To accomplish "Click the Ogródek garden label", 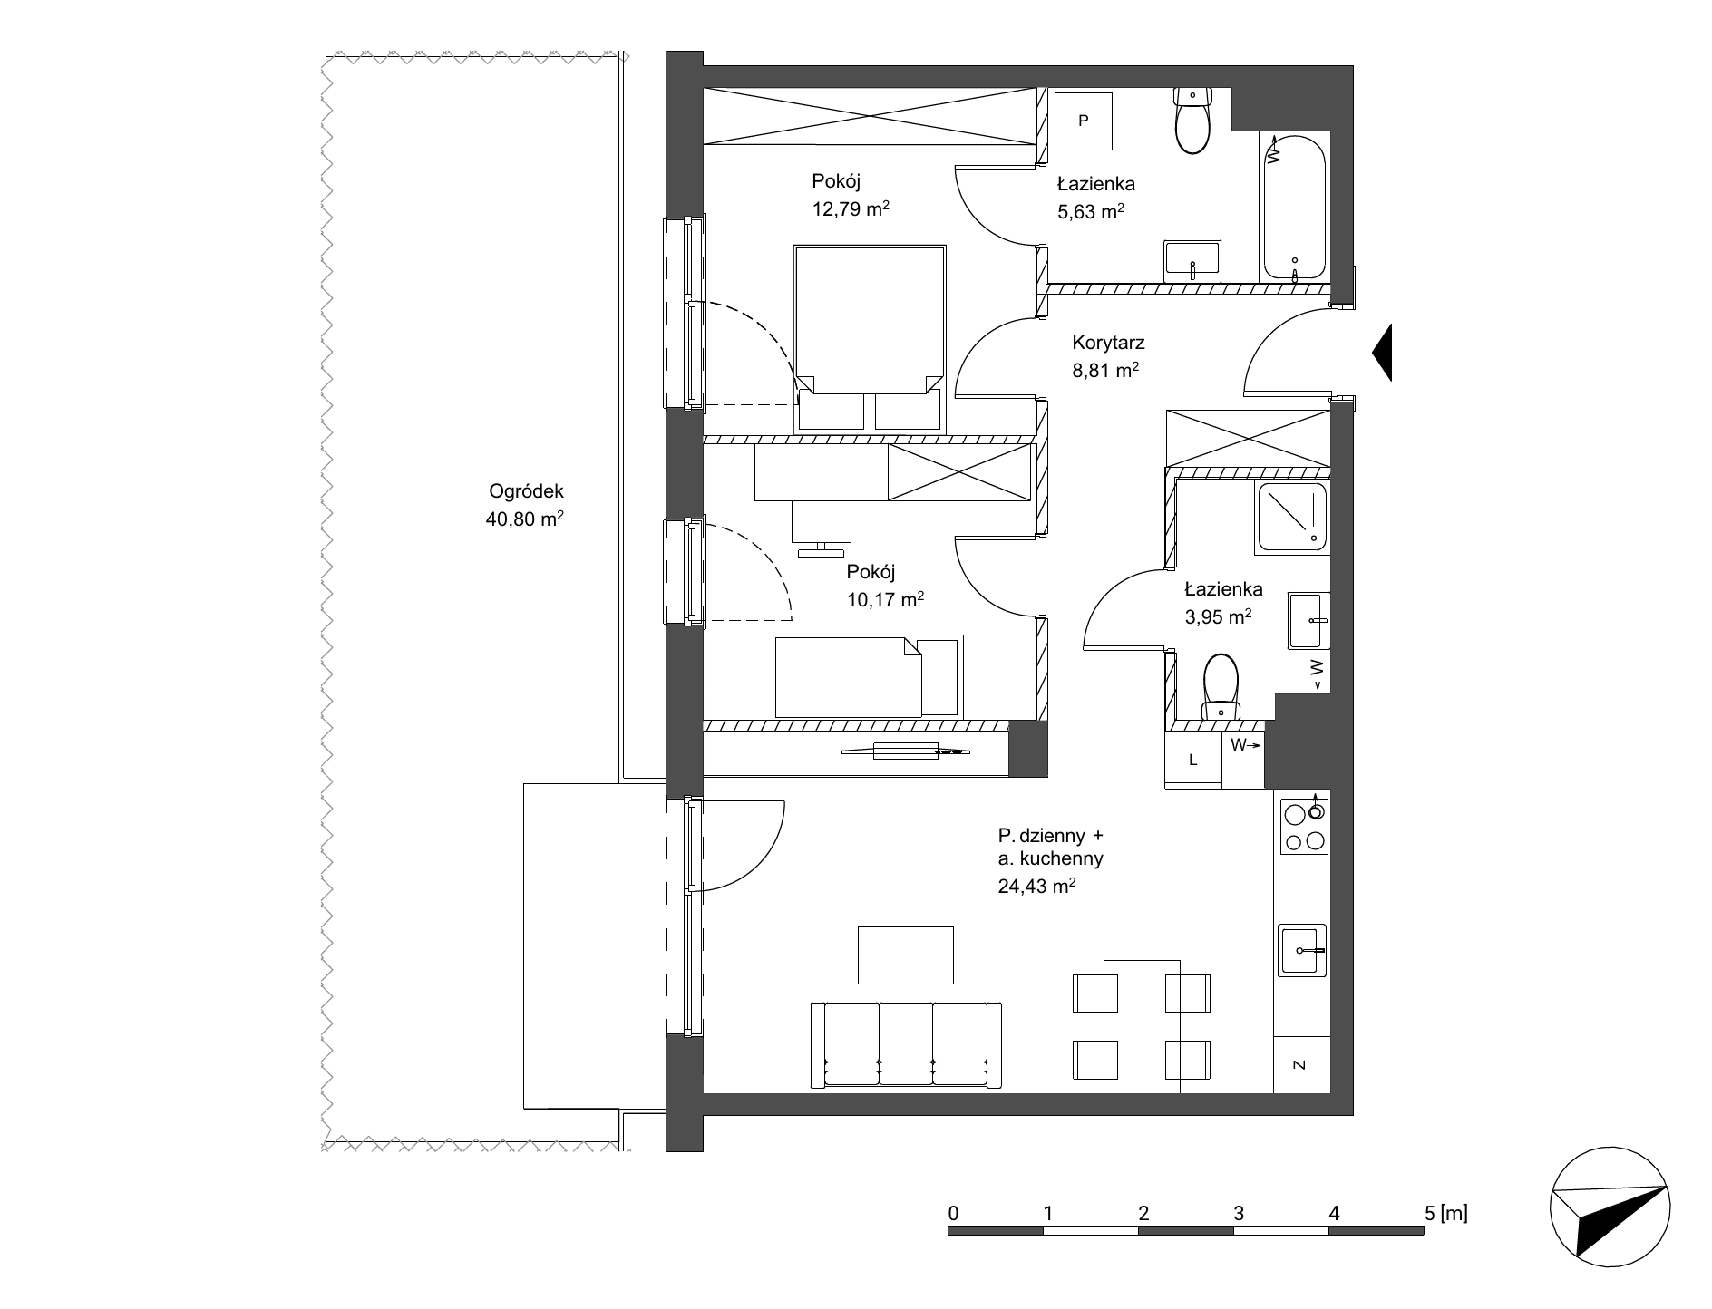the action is [x=526, y=491].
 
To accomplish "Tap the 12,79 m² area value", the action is [x=851, y=209].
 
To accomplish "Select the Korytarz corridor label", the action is [x=1108, y=343].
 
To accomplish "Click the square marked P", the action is [x=1083, y=121].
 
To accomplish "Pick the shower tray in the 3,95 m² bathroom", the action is [x=1291, y=518].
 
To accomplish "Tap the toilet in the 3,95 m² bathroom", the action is [x=1221, y=688].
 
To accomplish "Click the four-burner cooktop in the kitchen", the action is [x=1304, y=827].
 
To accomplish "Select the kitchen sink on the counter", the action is [x=1302, y=950].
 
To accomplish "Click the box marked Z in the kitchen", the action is [x=1300, y=1065].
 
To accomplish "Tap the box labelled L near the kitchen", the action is [x=1192, y=760].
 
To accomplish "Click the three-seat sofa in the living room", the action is [x=906, y=1044].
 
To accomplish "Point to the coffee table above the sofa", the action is [x=906, y=955].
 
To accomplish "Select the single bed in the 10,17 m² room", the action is [x=867, y=676].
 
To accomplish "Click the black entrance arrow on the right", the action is [x=1381, y=353].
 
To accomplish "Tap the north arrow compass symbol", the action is [x=1610, y=1208].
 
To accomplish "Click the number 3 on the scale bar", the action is [x=1238, y=1213].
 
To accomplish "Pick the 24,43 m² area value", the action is [x=1037, y=887].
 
